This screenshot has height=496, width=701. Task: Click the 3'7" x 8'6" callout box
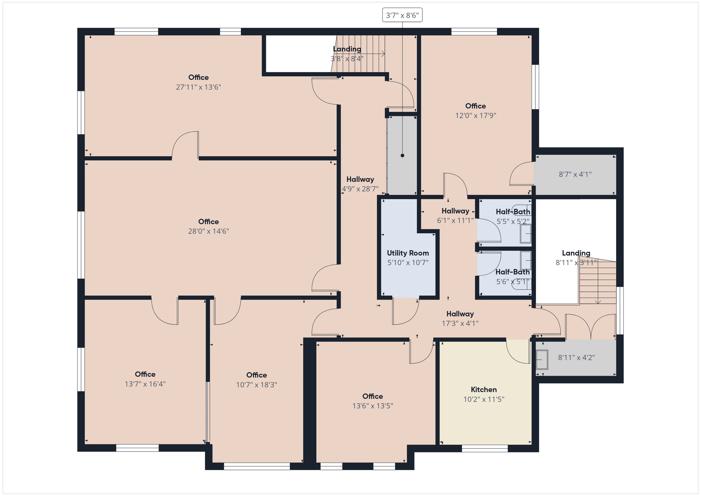402,15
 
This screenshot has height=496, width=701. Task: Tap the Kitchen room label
484,390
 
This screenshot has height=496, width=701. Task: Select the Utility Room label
408,253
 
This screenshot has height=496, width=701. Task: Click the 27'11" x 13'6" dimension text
199,87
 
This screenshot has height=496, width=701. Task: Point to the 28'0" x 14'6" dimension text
208,231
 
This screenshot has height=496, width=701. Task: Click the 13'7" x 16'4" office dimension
145,384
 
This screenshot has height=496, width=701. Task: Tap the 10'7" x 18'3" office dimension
256,384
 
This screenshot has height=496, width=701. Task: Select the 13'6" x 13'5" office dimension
373,406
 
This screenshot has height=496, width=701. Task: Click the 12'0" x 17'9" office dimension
475,115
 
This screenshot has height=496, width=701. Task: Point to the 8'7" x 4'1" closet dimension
575,174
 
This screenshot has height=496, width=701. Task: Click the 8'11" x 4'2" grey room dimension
576,357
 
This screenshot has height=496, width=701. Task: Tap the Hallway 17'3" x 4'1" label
460,318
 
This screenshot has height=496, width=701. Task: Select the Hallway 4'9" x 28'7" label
360,184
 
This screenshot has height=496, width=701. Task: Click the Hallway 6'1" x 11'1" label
455,216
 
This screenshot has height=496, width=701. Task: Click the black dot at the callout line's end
403,155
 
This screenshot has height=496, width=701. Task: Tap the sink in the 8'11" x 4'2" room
541,360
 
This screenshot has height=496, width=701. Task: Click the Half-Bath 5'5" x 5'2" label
513,216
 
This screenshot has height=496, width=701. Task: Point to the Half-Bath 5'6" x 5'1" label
512,277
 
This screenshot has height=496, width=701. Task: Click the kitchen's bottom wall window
485,448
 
